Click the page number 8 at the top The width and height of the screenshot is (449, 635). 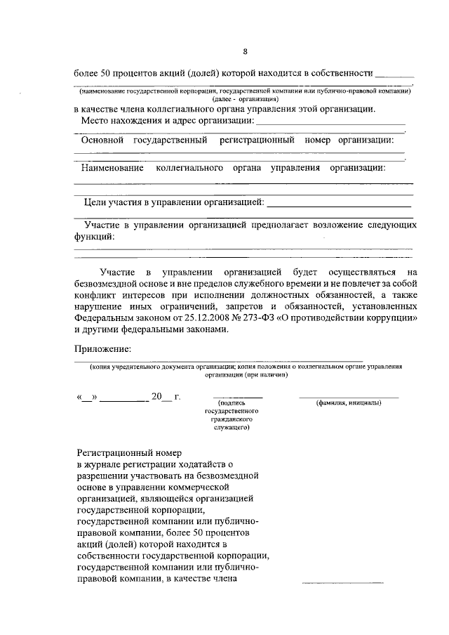coord(245,51)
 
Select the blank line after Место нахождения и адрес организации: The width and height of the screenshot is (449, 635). coord(330,123)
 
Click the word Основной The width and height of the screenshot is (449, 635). coord(104,140)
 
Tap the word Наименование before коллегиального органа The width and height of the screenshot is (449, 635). coord(112,168)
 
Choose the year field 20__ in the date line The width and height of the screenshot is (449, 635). coord(161,397)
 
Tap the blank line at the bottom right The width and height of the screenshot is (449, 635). coord(342,582)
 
